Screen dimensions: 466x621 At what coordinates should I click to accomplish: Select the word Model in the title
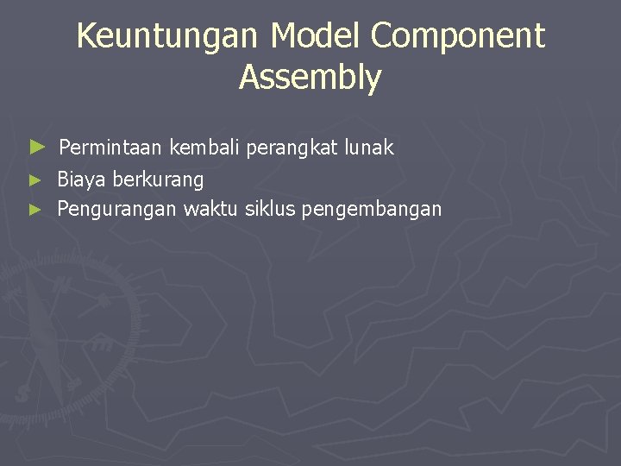point(317,36)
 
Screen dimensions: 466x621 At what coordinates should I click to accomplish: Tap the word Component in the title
point(459,36)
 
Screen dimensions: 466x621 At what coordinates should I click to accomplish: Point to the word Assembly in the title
point(310,78)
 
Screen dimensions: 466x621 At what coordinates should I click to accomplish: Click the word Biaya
point(82,180)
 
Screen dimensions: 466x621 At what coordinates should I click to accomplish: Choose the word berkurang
point(159,180)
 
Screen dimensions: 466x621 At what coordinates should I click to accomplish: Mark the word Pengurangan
point(116,209)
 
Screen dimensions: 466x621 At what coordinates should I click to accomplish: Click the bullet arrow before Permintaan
point(36,148)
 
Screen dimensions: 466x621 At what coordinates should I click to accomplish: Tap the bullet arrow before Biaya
point(34,180)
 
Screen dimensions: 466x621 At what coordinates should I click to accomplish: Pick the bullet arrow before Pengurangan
point(34,209)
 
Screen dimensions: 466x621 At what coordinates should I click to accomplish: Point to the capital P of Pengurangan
point(63,209)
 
